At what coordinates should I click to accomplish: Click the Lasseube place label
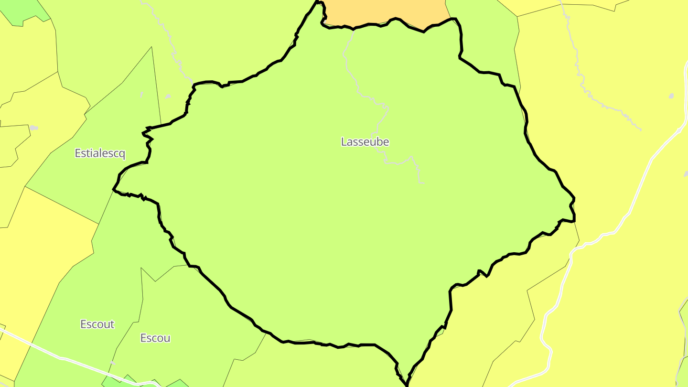pos(365,142)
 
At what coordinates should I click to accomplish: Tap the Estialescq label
pos(100,153)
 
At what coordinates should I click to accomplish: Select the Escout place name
pos(97,324)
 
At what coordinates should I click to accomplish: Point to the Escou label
pos(155,338)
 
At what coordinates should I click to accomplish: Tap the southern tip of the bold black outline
pos(407,384)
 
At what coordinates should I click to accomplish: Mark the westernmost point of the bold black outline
pos(113,189)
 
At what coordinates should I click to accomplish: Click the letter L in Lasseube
pos(344,142)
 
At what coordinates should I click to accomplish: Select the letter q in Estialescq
pos(122,154)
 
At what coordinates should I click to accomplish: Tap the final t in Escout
pos(112,324)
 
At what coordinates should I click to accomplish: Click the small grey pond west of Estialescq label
pos(33,128)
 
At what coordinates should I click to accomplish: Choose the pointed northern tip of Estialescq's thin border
pos(152,47)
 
